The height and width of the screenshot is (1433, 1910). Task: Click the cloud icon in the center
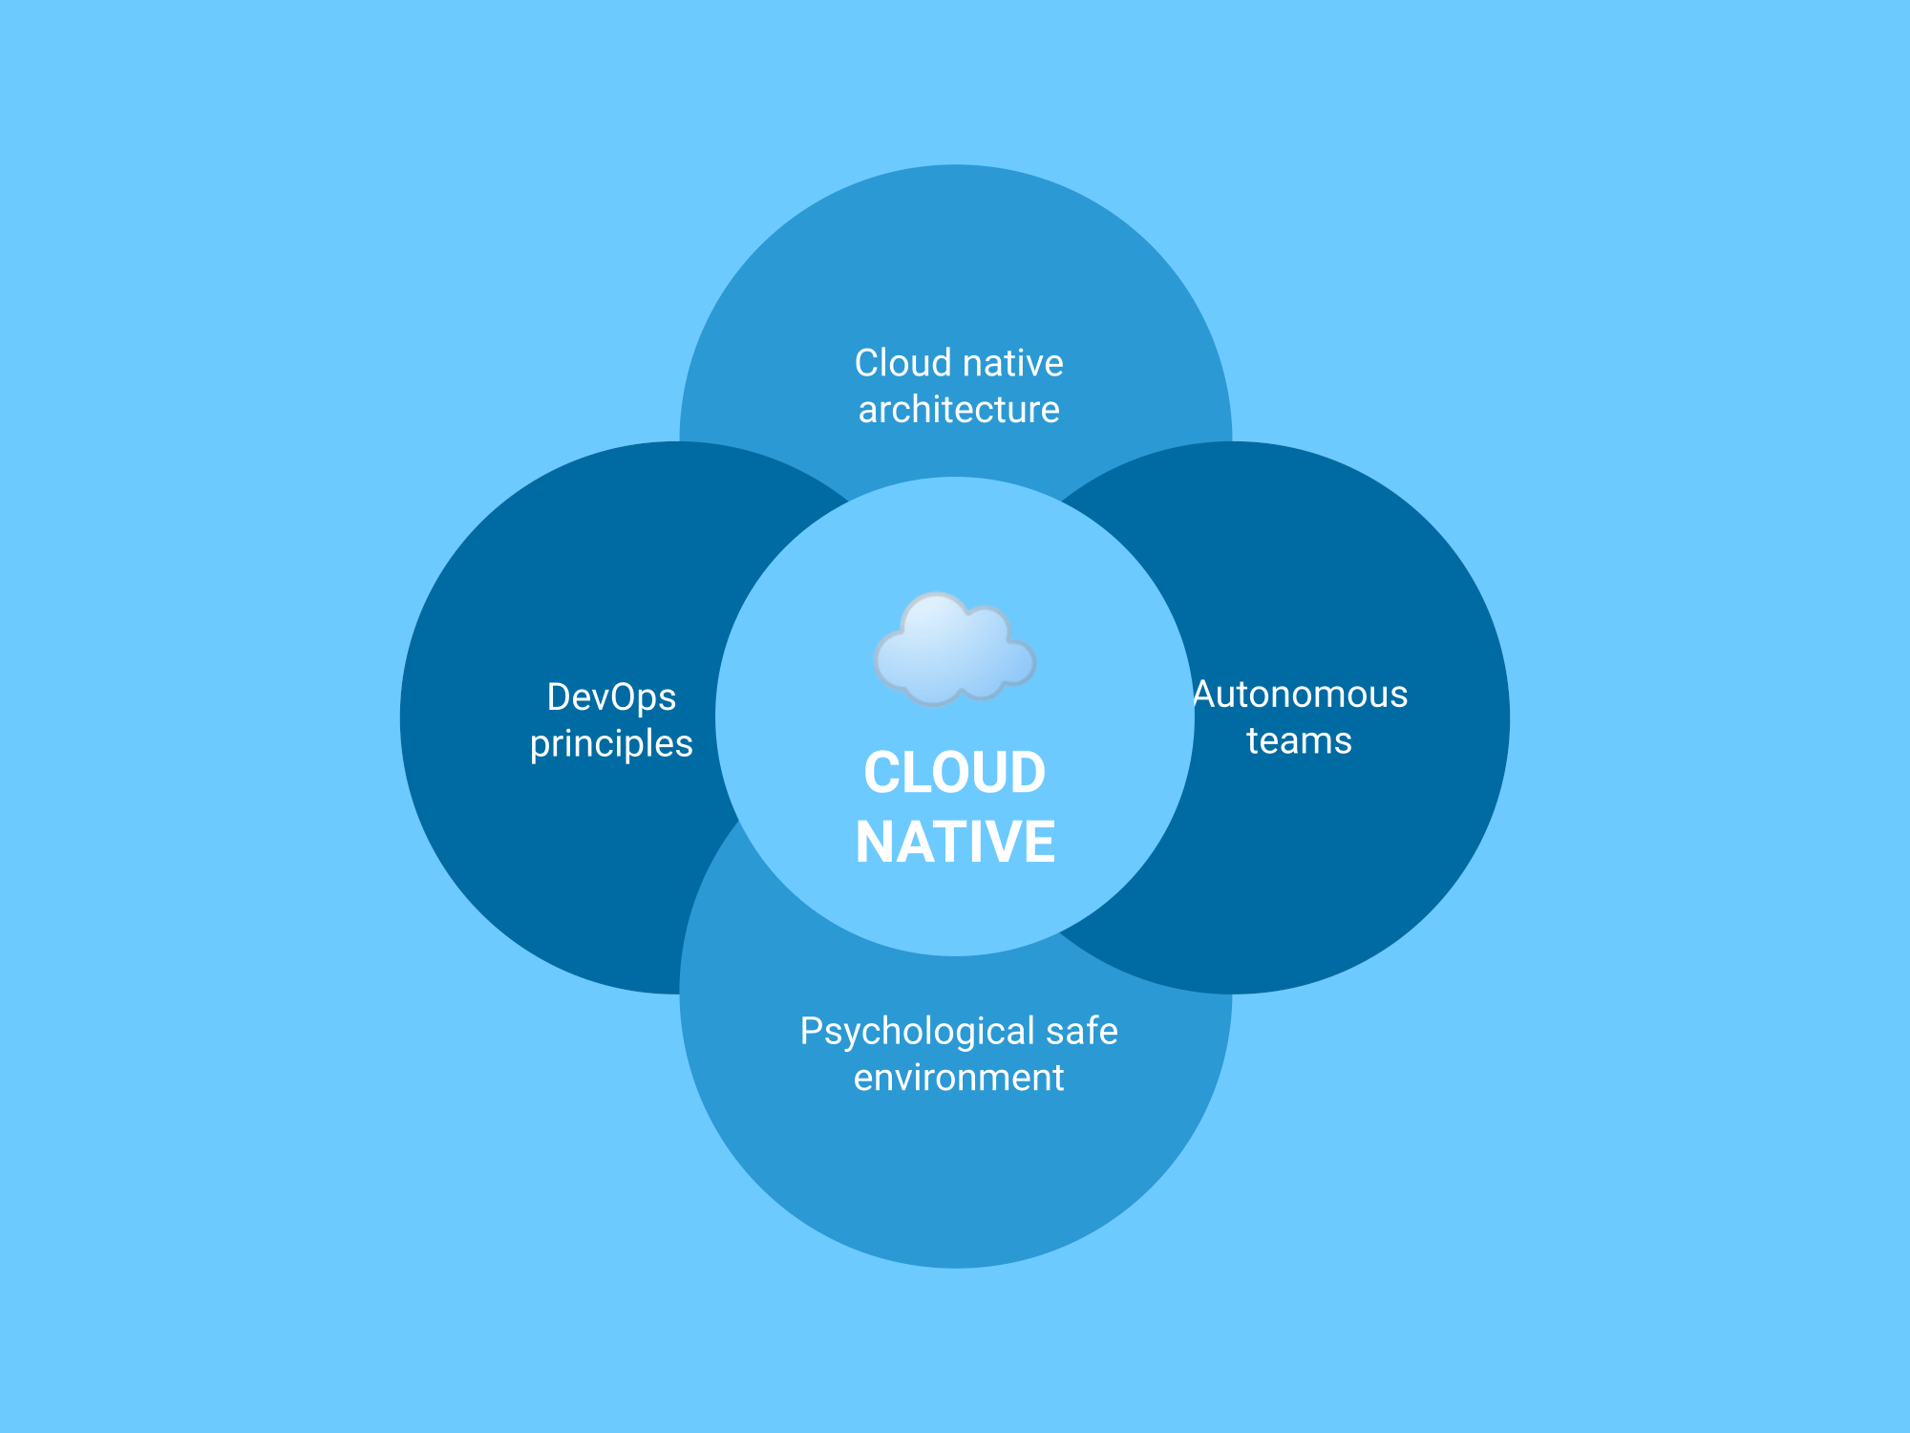(x=954, y=649)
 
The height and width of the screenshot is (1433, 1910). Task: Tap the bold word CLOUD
(x=955, y=772)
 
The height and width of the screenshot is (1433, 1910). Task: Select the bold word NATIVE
(x=955, y=842)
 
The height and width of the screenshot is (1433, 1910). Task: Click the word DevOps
(x=611, y=697)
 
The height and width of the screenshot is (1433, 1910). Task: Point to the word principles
(x=611, y=744)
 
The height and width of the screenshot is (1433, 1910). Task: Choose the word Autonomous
(x=1300, y=695)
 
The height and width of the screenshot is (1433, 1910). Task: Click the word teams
(x=1300, y=741)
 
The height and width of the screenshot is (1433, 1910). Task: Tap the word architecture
(x=959, y=410)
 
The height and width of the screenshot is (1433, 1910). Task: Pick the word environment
(x=959, y=1079)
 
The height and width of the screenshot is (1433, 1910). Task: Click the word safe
(x=1082, y=1032)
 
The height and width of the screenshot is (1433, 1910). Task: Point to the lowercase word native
(x=1012, y=363)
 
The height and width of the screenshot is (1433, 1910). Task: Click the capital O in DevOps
(x=625, y=697)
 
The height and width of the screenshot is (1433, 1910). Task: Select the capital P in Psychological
(x=812, y=1031)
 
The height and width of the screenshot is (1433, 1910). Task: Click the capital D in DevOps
(x=560, y=697)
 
